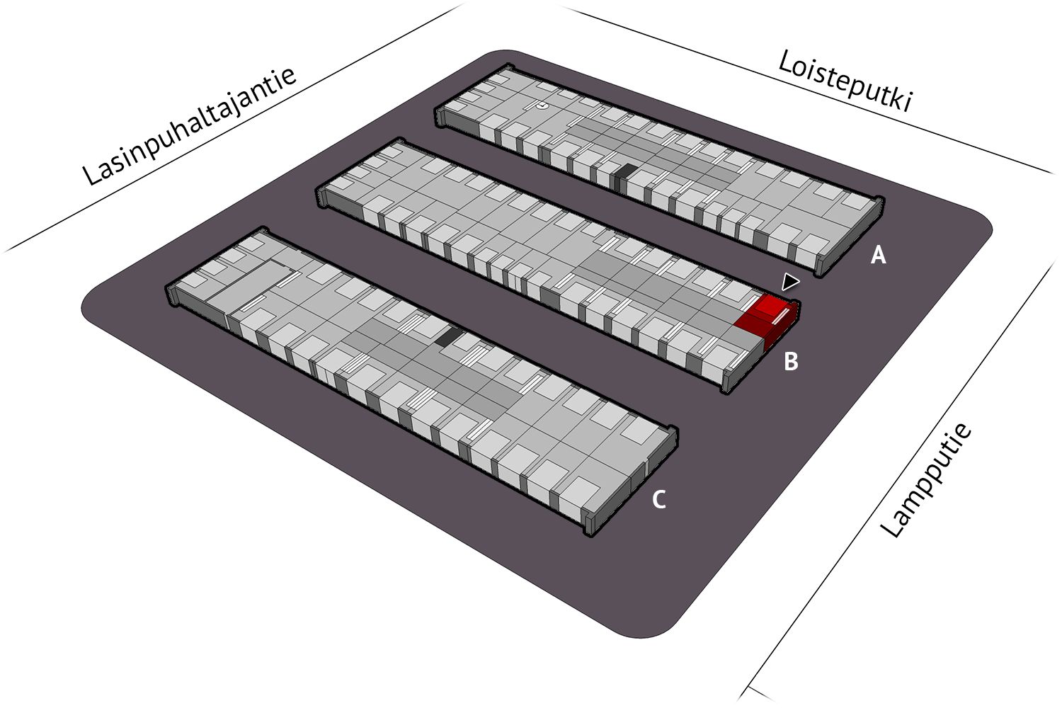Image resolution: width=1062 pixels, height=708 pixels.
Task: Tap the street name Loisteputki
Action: [x=845, y=81]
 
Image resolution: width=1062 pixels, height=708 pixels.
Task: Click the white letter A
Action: [x=879, y=255]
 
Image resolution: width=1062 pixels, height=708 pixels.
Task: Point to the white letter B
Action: [x=791, y=361]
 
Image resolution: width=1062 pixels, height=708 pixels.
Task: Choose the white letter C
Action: [x=659, y=499]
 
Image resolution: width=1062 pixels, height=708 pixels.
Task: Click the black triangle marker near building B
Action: [x=790, y=282]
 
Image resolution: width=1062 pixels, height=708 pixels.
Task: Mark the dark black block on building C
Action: [x=448, y=337]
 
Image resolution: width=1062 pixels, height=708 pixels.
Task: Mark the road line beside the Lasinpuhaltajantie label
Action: [x=232, y=127]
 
